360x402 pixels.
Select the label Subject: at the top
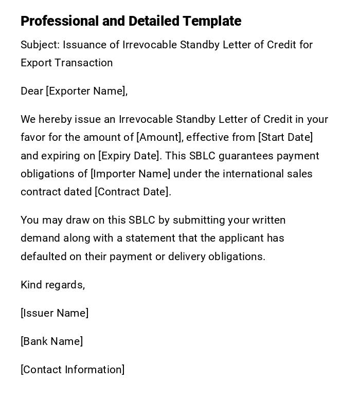tap(40, 45)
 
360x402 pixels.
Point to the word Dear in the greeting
tap(32, 91)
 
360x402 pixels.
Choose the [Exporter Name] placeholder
tap(86, 91)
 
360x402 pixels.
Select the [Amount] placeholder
tap(159, 137)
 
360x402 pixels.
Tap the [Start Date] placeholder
tap(285, 137)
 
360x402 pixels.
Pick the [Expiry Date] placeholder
tap(129, 156)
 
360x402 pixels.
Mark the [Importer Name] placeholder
tap(131, 174)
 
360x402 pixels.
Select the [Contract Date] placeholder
tap(133, 192)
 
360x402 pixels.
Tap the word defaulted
tap(43, 257)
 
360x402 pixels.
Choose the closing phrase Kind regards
tap(52, 285)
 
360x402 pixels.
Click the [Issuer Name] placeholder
tap(55, 313)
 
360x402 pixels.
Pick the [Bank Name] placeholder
tap(51, 341)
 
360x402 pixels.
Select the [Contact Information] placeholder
tap(73, 370)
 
